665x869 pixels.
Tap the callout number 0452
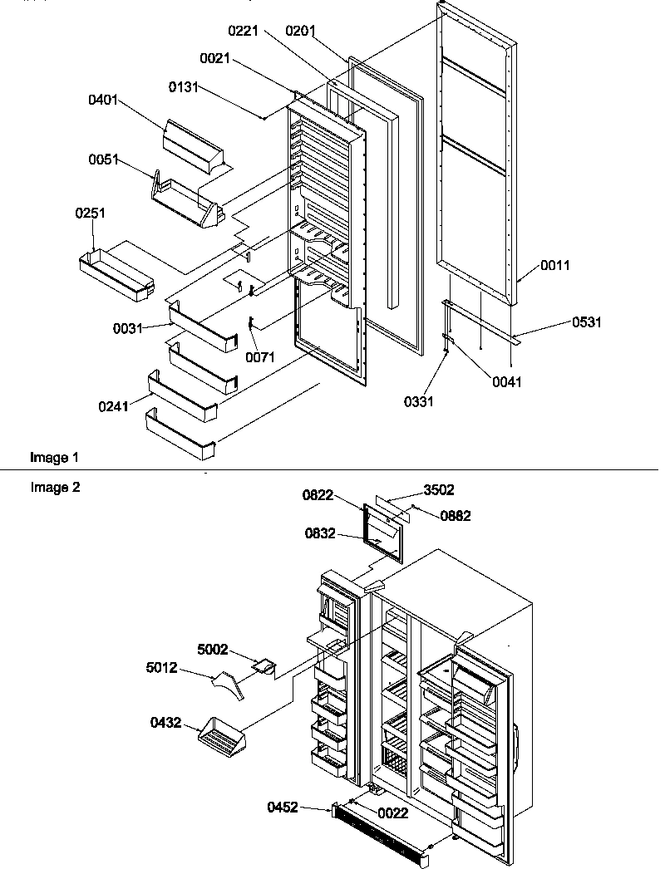[284, 807]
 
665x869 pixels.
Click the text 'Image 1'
[55, 458]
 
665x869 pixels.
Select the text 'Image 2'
[55, 488]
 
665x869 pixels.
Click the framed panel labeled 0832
[382, 532]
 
